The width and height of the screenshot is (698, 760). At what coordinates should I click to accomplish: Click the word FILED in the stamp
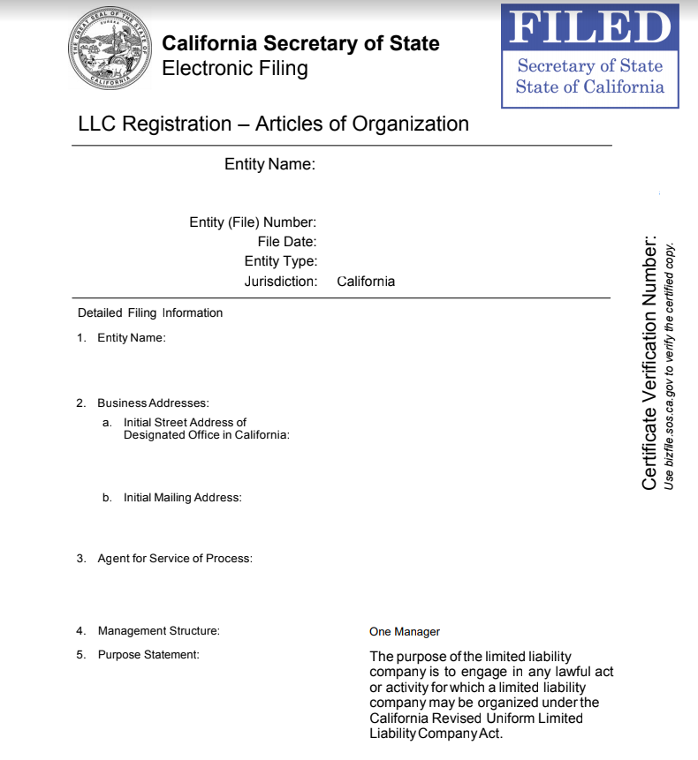click(x=590, y=27)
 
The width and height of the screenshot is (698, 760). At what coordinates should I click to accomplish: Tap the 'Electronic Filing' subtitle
click(x=235, y=69)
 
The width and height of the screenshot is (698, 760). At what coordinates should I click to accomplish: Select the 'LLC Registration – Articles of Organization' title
click(x=273, y=124)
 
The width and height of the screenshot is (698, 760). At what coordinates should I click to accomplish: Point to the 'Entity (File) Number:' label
click(x=253, y=222)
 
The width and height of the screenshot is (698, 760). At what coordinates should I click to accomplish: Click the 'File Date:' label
click(x=287, y=242)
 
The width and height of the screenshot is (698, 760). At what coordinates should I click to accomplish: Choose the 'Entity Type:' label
click(x=281, y=261)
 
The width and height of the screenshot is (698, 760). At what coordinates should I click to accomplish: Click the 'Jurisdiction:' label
click(x=281, y=282)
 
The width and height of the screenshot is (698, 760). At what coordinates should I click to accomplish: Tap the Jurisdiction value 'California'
click(x=366, y=282)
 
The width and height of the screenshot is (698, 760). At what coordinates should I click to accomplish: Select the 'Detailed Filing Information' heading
click(x=150, y=313)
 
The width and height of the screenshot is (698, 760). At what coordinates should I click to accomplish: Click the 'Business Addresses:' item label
click(x=153, y=403)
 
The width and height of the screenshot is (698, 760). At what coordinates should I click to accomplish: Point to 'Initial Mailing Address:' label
click(x=182, y=498)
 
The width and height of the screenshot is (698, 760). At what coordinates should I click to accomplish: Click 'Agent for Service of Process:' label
click(x=175, y=559)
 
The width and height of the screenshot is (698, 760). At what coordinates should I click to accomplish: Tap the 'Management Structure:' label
click(x=158, y=631)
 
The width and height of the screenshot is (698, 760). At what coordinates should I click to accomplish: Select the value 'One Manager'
click(x=404, y=632)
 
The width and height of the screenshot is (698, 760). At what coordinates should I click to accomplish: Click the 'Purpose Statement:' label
click(x=148, y=655)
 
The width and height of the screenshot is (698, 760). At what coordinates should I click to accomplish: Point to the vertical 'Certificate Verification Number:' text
click(x=650, y=362)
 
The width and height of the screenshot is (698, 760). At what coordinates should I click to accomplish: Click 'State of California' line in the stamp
click(x=589, y=87)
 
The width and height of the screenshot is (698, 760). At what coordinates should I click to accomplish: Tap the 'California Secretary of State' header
click(x=300, y=44)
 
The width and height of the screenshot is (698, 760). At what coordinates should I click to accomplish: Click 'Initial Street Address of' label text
click(x=185, y=423)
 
